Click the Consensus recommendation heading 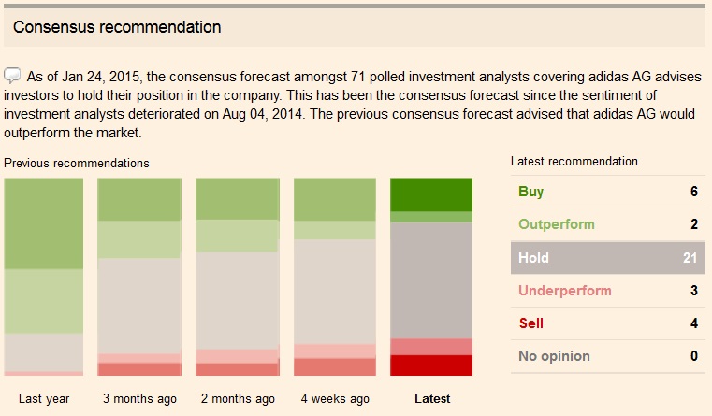pyautogui.click(x=117, y=27)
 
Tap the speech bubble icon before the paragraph pyautogui.click(x=12, y=75)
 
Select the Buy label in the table pyautogui.click(x=530, y=192)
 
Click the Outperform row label pyautogui.click(x=556, y=224)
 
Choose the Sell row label pyautogui.click(x=530, y=323)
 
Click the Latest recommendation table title pyautogui.click(x=574, y=162)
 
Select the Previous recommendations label pyautogui.click(x=77, y=163)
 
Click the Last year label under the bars pyautogui.click(x=44, y=399)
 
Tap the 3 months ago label pyautogui.click(x=139, y=399)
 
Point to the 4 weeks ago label pyautogui.click(x=334, y=399)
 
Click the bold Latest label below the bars pyautogui.click(x=431, y=399)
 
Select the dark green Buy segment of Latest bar pyautogui.click(x=431, y=194)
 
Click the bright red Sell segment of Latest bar pyautogui.click(x=431, y=366)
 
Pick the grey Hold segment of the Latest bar pyautogui.click(x=431, y=280)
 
